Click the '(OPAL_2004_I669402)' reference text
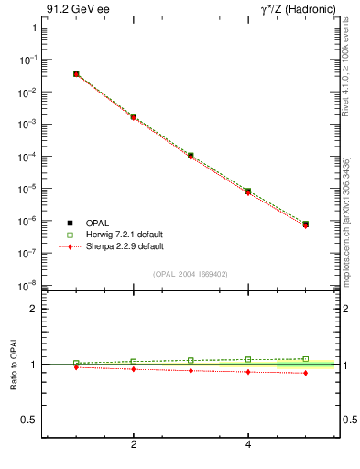[x=191, y=275]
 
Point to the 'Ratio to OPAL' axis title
[x=15, y=365]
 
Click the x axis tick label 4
[x=248, y=445]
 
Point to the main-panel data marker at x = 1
[x=76, y=73]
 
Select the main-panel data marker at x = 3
[x=191, y=156]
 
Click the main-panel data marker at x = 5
[x=305, y=224]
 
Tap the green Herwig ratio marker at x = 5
[x=305, y=359]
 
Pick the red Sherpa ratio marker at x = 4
[x=248, y=372]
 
